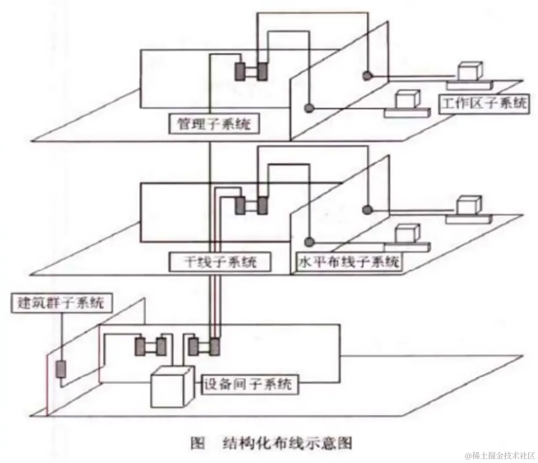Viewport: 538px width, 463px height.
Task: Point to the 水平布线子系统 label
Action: (348, 262)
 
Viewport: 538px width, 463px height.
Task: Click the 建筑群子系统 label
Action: (61, 303)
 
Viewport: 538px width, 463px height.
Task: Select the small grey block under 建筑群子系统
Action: (61, 369)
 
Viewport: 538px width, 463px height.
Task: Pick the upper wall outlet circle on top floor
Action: (366, 76)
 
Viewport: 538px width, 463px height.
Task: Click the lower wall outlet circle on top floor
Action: (310, 107)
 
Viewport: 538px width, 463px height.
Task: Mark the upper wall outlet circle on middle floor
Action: (366, 209)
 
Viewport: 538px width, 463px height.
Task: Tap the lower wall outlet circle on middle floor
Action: (310, 241)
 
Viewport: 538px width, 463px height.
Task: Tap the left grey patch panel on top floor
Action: (240, 71)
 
